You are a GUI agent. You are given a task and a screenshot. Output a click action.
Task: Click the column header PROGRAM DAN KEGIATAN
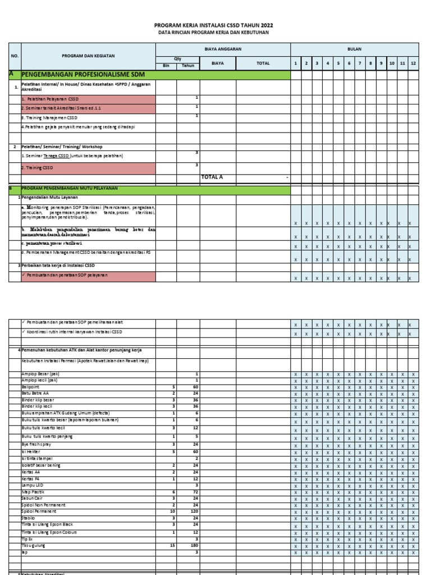pos(89,56)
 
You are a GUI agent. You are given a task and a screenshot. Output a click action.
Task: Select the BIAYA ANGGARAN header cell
pos(222,49)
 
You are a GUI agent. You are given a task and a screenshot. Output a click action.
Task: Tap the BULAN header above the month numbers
pos(355,49)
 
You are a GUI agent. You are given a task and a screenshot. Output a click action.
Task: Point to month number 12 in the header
pos(413,63)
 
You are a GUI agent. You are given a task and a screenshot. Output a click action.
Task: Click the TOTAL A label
pos(212,177)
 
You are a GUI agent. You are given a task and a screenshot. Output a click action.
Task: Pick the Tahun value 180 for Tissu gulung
pos(194,545)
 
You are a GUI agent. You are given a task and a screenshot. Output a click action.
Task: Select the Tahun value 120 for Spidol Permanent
pos(194,512)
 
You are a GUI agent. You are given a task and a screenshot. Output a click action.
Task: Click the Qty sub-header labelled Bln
pos(166,66)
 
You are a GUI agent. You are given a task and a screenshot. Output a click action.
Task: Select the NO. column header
pos(15,56)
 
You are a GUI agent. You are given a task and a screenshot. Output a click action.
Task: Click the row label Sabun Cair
pos(32,498)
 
